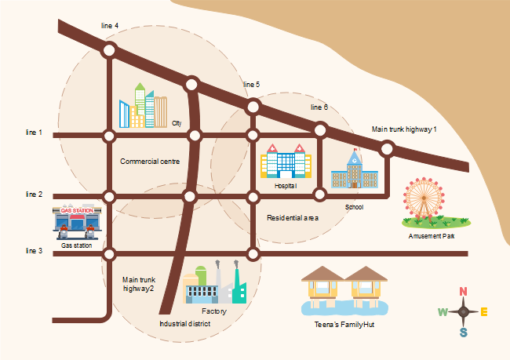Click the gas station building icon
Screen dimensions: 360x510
pos(76,222)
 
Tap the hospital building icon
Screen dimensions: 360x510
pos(286,162)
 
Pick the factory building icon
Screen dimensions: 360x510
pos(214,284)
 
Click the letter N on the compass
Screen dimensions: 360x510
pos(463,292)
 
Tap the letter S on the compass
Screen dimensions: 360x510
pos(464,333)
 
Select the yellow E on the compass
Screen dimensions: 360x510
pos(484,312)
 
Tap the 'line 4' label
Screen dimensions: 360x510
pos(110,26)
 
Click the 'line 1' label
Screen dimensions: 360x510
pos(34,133)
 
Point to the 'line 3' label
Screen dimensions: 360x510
pos(34,251)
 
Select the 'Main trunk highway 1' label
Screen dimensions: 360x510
pos(404,129)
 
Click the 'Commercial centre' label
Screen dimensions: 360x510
pos(150,162)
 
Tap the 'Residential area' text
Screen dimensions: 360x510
pos(293,217)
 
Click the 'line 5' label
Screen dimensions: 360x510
pos(252,84)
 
